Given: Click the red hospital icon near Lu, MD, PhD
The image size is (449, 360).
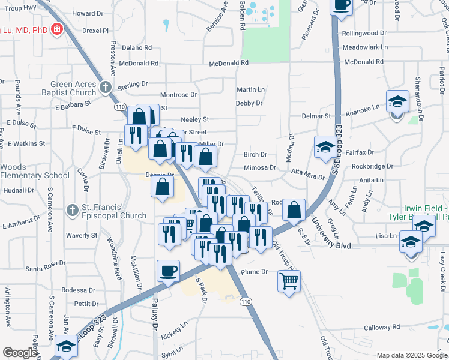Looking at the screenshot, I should click(58, 29).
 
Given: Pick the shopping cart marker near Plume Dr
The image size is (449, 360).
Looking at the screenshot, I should click(289, 280).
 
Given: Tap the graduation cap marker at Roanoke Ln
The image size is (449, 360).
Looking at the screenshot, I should click(397, 101).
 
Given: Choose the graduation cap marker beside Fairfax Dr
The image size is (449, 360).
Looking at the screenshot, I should click(325, 147).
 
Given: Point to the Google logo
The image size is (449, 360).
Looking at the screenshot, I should click(19, 353).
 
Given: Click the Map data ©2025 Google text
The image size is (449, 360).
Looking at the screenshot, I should click(411, 355).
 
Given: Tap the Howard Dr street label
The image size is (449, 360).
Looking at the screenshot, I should click(84, 13).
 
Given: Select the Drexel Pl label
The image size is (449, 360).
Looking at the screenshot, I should click(97, 30).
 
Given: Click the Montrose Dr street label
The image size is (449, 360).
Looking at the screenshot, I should click(178, 95).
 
